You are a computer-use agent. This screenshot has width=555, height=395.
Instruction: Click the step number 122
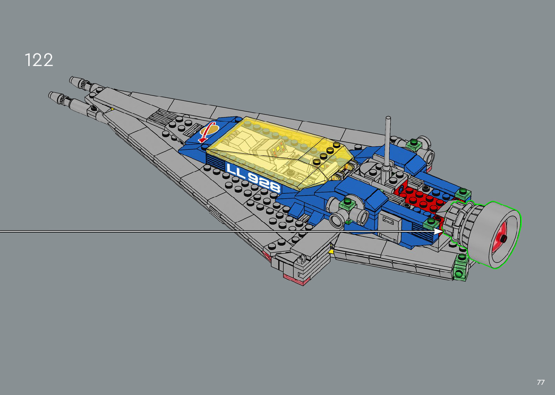tap(39, 60)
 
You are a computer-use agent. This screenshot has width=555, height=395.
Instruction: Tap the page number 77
tap(540, 382)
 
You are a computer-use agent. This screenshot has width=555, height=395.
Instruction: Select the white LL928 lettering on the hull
tap(253, 178)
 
